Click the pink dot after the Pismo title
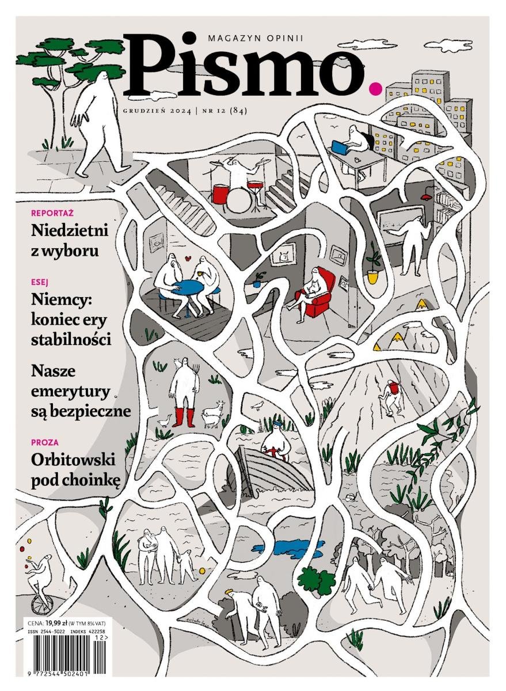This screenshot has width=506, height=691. pyautogui.click(x=375, y=88)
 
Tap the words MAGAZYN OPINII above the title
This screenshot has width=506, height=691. pyautogui.click(x=256, y=38)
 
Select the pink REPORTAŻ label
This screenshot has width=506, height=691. pyautogui.click(x=52, y=212)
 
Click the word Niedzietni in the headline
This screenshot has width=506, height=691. pyautogui.click(x=70, y=230)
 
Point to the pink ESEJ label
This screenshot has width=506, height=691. pyautogui.click(x=40, y=282)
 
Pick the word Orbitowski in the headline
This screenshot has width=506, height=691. pyautogui.click(x=73, y=460)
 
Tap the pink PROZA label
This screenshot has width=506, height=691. pyautogui.click(x=45, y=442)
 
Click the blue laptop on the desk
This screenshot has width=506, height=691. pyautogui.click(x=340, y=147)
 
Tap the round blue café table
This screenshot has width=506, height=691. pyautogui.click(x=188, y=287)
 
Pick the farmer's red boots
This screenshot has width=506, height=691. pyautogui.click(x=184, y=417)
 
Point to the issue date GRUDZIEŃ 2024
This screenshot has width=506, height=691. pyautogui.click(x=157, y=111)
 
